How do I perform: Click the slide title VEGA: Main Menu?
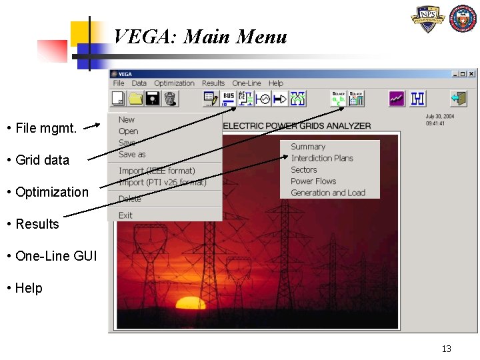tap(200, 36)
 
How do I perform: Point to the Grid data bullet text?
tap(42, 160)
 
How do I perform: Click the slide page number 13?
tap(446, 349)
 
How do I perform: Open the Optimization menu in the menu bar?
tap(174, 83)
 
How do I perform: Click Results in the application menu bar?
tap(213, 83)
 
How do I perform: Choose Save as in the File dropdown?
tap(132, 154)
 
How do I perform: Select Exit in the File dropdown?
tap(125, 215)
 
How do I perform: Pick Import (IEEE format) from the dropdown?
tap(157, 171)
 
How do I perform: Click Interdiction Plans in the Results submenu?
tap(322, 158)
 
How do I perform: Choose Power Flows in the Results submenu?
tap(313, 181)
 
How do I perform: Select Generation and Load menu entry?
tap(328, 193)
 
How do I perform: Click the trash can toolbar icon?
tap(170, 99)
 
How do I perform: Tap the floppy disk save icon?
tap(153, 99)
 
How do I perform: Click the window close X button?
tap(471, 74)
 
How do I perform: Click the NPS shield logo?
tap(427, 19)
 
